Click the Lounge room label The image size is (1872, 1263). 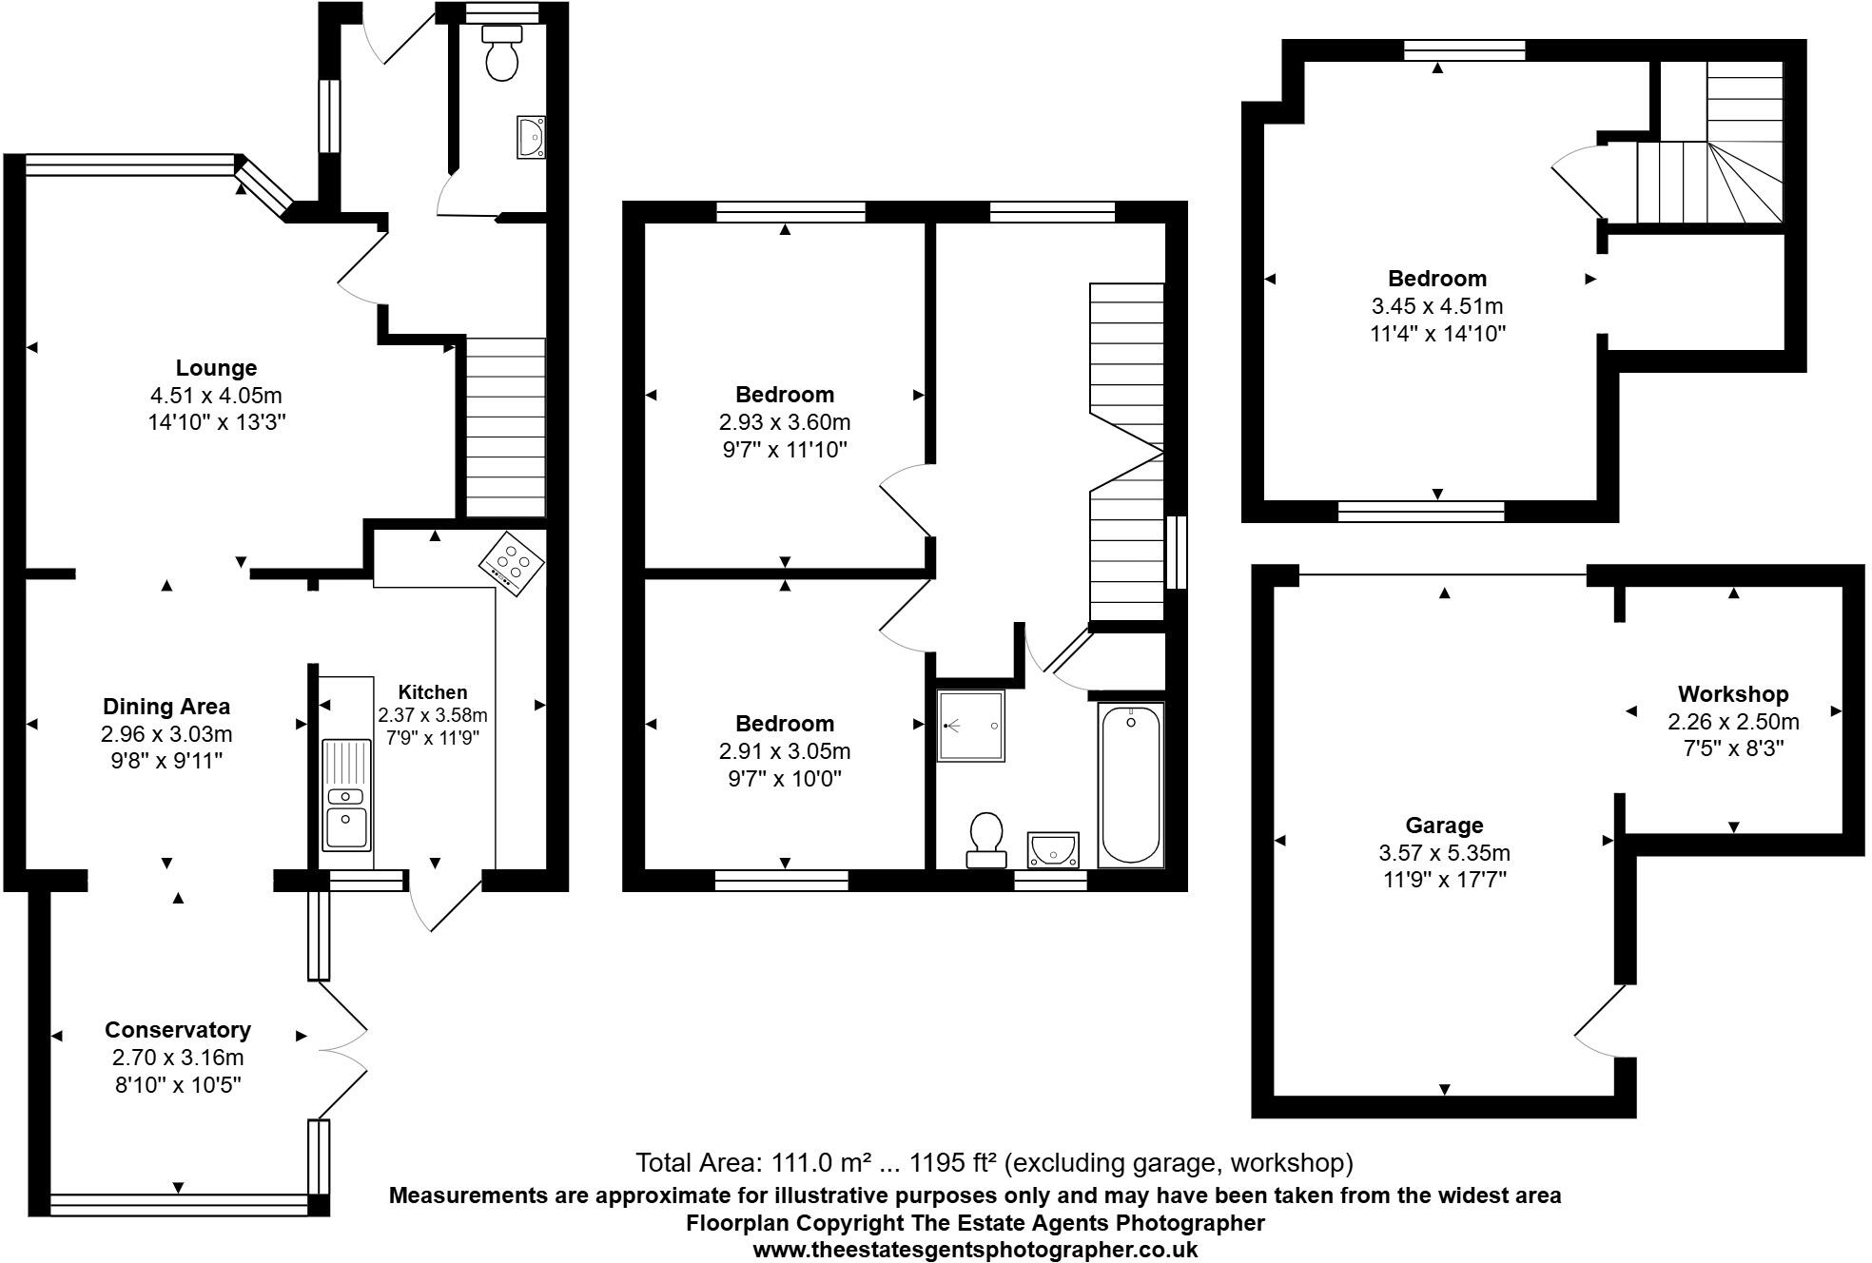point(216,368)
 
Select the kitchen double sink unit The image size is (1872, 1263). point(345,795)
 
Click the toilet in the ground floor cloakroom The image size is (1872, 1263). point(501,53)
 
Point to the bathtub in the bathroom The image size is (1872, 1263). point(1130,785)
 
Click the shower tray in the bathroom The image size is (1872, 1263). point(971,727)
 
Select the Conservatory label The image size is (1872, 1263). point(178,1030)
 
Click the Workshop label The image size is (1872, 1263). point(1732,694)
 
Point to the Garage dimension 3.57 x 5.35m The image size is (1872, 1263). point(1444,853)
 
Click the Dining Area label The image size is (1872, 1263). point(166,707)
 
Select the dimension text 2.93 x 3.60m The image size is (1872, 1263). point(785,421)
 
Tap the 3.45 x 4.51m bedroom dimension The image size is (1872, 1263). point(1436,306)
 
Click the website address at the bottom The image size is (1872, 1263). point(975,1250)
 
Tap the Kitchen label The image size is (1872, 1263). point(432,692)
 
